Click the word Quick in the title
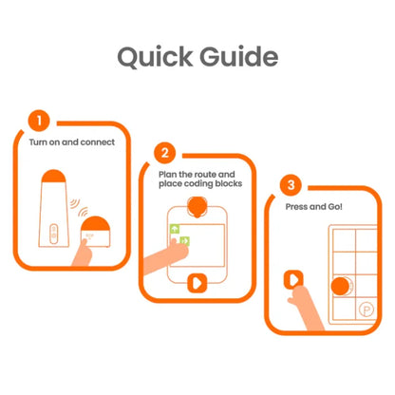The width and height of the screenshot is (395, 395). coord(155,57)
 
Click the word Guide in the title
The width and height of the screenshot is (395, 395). coord(238,56)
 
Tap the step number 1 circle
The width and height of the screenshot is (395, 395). coord(39,121)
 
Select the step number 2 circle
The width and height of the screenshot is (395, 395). coord(165,153)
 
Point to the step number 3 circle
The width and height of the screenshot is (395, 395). coord(291,185)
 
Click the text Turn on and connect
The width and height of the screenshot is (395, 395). coord(72,142)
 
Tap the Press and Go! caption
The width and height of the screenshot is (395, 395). coord(314,207)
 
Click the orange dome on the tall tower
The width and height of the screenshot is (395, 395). coord(54,176)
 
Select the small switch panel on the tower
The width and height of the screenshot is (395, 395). coord(54,234)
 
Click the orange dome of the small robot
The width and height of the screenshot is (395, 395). coord(96,223)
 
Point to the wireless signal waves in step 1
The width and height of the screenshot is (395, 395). coord(79,207)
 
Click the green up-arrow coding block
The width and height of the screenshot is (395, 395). coord(175,229)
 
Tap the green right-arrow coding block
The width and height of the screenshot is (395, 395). coord(185,241)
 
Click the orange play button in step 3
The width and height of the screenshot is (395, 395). coord(293,279)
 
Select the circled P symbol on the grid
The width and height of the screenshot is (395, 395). coord(367,310)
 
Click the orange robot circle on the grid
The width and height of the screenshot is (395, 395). coord(340,286)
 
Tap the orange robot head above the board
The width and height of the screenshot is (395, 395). coord(197,207)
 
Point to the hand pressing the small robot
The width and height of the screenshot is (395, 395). coord(83,253)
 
